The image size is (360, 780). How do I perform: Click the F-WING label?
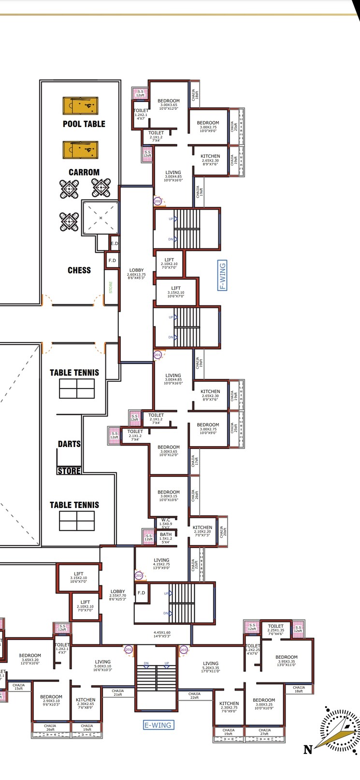tap(223, 275)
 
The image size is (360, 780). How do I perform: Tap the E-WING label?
tap(158, 725)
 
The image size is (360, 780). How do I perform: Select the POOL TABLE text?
tap(84, 124)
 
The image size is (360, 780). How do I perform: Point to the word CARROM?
tap(84, 172)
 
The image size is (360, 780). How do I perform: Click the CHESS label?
tap(79, 270)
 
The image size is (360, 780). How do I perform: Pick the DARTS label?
tap(69, 444)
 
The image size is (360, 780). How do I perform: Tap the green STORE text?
tap(111, 287)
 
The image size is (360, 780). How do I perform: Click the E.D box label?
tap(114, 244)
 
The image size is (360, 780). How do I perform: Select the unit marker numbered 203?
tap(184, 650)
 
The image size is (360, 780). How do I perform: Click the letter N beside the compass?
tap(307, 750)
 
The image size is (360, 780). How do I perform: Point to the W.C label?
tap(166, 520)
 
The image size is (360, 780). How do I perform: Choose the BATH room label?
tap(166, 534)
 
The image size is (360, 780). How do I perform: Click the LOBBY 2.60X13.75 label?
tap(136, 272)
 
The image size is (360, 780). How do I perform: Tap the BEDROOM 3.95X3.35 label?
tap(287, 660)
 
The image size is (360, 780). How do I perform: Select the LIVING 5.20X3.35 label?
tap(211, 666)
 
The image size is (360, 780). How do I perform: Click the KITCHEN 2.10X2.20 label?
tap(202, 529)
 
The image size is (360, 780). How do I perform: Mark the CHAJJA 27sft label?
tap(264, 732)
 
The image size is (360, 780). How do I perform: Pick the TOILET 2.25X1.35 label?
tap(276, 628)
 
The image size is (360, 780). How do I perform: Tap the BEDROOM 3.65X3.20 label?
tap(30, 657)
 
